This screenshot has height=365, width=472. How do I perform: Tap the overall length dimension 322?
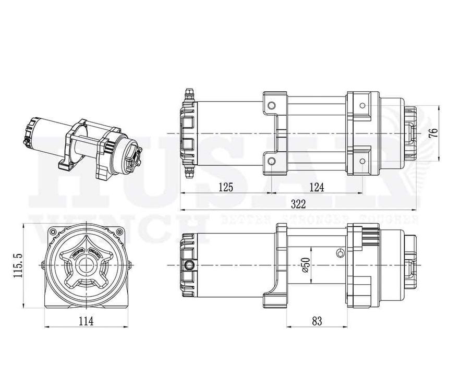(x=298, y=203)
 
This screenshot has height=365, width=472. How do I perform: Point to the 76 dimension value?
(x=432, y=132)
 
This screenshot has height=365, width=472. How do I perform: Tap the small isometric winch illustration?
(x=83, y=143)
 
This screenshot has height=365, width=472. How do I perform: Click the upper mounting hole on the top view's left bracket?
(x=271, y=106)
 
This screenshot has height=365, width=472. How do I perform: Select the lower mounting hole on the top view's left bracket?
(x=271, y=161)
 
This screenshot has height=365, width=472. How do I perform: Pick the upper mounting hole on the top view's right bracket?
(x=362, y=106)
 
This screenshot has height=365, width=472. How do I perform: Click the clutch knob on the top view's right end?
(x=410, y=133)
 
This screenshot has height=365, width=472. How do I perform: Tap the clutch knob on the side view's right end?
(x=410, y=266)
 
